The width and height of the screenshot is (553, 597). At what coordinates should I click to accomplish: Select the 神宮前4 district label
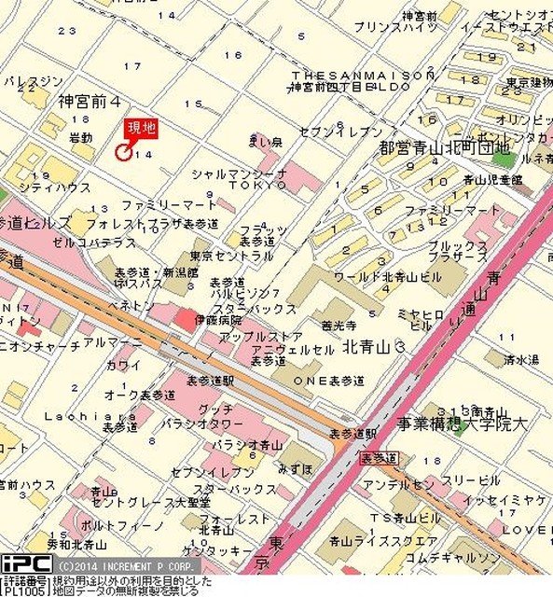point(90,100)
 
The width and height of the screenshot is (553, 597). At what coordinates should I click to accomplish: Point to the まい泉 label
point(265,142)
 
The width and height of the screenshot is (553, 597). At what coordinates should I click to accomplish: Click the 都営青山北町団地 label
point(445,147)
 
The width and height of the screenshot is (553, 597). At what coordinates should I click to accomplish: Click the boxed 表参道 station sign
point(378,458)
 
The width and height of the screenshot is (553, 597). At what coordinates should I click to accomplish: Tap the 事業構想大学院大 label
point(462,423)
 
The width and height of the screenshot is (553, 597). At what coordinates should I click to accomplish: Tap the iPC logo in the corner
point(25,563)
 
